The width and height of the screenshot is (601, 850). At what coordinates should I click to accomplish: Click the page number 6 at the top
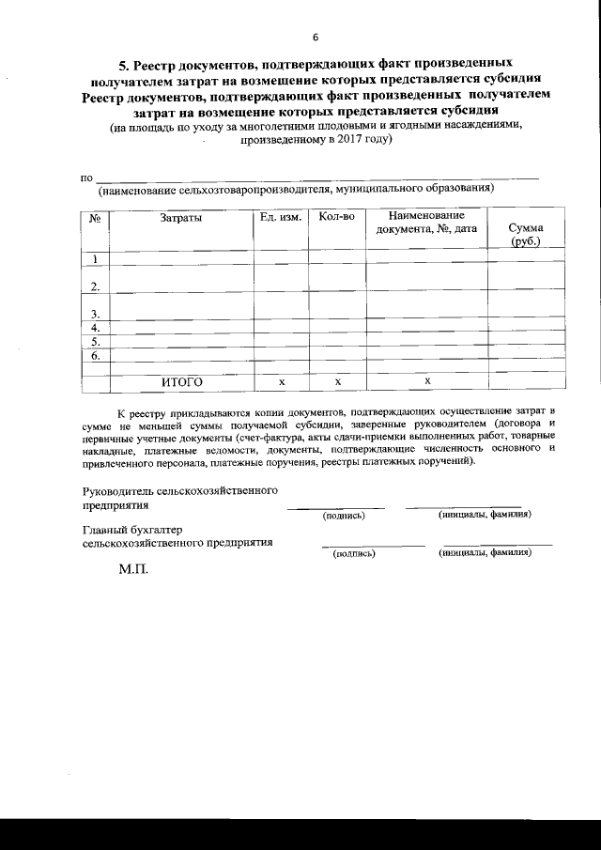(x=316, y=38)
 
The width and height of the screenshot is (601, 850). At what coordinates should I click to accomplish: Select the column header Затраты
(x=181, y=218)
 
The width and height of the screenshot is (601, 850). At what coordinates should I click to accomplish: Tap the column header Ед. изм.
(x=280, y=217)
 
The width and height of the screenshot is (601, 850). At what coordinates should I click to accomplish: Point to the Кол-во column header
(x=336, y=217)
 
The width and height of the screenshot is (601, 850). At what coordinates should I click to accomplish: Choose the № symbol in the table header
(x=95, y=218)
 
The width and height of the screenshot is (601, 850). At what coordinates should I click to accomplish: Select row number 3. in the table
(x=95, y=313)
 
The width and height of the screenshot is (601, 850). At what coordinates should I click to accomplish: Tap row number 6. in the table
(x=95, y=356)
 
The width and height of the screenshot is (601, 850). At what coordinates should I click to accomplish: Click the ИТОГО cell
(x=181, y=381)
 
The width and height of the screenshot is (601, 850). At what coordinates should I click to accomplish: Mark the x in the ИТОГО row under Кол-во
(x=336, y=381)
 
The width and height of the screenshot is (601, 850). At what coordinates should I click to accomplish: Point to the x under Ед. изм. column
(x=281, y=381)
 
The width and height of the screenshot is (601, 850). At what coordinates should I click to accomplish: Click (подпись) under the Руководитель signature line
(x=343, y=516)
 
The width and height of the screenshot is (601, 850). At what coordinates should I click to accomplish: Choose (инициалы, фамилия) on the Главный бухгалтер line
(x=485, y=552)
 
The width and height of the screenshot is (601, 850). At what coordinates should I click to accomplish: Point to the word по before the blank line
(x=87, y=178)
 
